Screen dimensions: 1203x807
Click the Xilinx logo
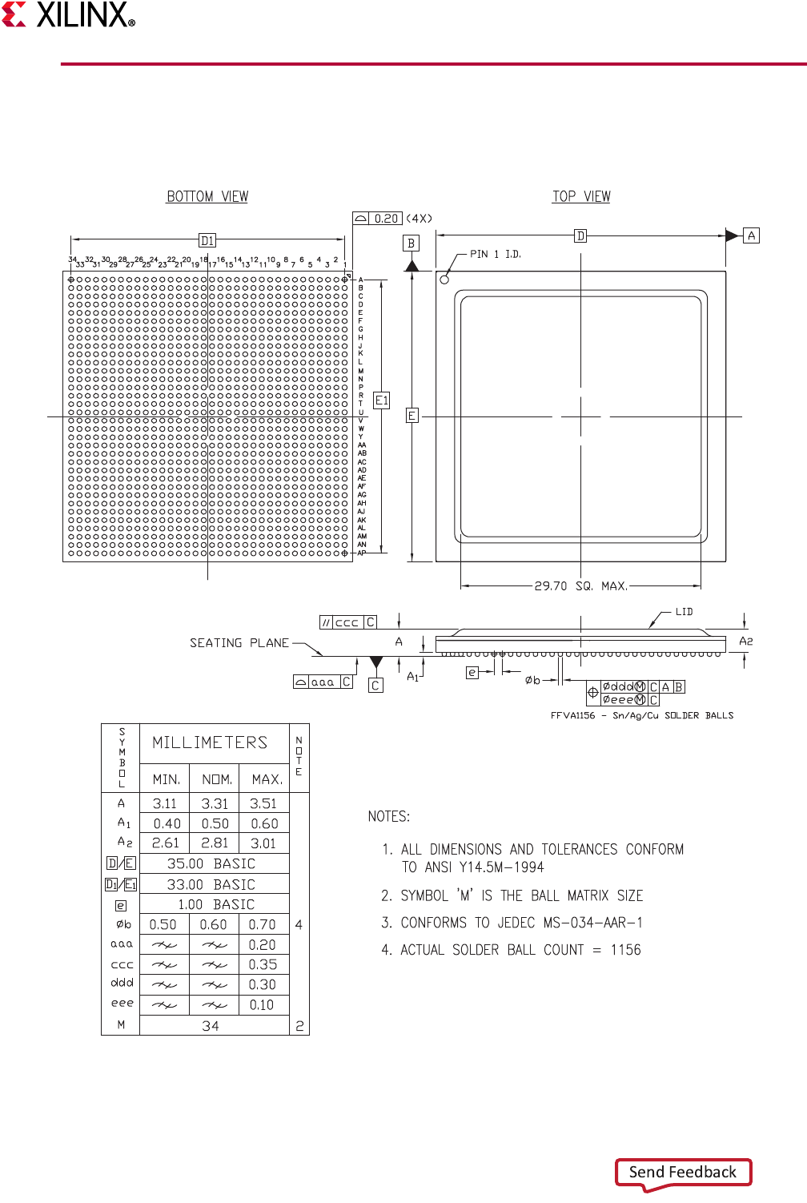tap(68, 14)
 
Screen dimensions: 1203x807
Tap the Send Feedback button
tap(683, 1173)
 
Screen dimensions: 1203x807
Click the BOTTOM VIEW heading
tap(207, 196)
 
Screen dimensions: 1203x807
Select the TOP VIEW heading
tap(581, 196)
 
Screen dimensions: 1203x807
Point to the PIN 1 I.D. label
tap(495, 254)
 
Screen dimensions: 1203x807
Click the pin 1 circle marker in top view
tap(444, 280)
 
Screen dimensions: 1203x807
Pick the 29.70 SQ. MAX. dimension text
tap(580, 586)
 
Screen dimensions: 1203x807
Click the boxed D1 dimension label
tap(207, 240)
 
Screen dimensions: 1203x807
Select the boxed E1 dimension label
tap(382, 400)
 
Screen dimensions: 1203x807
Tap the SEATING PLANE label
tap(239, 643)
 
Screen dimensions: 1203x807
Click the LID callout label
tap(684, 612)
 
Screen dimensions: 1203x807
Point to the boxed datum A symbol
tap(751, 235)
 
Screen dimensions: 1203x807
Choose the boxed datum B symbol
tap(412, 243)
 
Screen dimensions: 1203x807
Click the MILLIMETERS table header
tap(210, 743)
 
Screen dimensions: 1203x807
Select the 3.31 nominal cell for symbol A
tap(215, 803)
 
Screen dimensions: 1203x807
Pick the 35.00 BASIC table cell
tap(211, 864)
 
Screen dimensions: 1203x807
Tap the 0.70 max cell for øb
tap(262, 924)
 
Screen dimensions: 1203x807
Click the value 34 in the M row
tap(211, 1026)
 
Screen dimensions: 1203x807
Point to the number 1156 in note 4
tap(625, 950)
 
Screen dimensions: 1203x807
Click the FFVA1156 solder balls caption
tap(641, 715)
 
